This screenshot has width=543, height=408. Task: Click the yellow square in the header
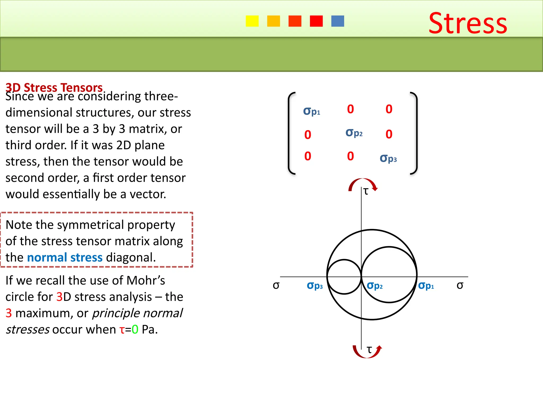[x=252, y=21]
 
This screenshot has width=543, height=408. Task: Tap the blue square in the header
[x=338, y=21]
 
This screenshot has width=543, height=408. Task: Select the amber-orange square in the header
[x=273, y=21]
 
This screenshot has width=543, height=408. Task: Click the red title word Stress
[x=468, y=23]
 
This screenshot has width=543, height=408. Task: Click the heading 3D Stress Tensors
[x=54, y=87]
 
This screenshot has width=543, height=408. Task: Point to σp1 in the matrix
[x=312, y=111]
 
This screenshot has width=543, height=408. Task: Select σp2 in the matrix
[x=354, y=133]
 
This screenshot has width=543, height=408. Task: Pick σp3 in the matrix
[x=388, y=159]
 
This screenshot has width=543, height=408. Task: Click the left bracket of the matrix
[x=291, y=133]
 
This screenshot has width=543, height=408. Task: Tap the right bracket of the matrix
[x=414, y=133]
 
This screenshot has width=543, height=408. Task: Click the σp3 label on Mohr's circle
[x=315, y=286]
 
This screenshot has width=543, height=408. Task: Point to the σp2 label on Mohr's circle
[x=375, y=286]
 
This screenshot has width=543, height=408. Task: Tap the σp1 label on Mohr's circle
[x=426, y=286]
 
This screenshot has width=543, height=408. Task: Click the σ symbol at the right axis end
[x=460, y=286]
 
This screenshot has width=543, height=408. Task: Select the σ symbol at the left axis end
[x=276, y=286]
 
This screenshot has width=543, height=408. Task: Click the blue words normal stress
[x=65, y=257]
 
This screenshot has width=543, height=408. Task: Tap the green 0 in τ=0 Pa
[x=135, y=329]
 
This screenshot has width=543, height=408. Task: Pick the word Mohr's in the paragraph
[x=146, y=280]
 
